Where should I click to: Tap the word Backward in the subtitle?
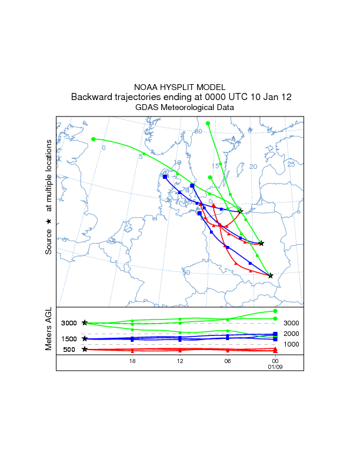[x=92, y=97]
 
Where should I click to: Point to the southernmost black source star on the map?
[x=271, y=275]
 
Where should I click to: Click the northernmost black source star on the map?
[x=241, y=212]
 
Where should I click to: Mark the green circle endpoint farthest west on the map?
[x=94, y=139]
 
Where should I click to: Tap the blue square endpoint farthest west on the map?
[x=165, y=177]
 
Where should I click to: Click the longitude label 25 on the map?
[x=291, y=164]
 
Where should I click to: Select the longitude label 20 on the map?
[x=254, y=167]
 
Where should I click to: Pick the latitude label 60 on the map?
[x=198, y=131]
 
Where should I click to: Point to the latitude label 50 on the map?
[x=186, y=272]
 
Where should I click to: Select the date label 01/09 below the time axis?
[x=275, y=367]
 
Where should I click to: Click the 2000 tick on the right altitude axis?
[x=292, y=334]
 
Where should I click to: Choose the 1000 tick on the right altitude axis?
[x=292, y=344]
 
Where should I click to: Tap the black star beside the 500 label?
[x=85, y=349]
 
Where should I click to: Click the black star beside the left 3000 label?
[x=85, y=323]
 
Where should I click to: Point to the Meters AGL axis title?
[x=49, y=331]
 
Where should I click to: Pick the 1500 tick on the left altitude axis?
[x=69, y=339]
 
